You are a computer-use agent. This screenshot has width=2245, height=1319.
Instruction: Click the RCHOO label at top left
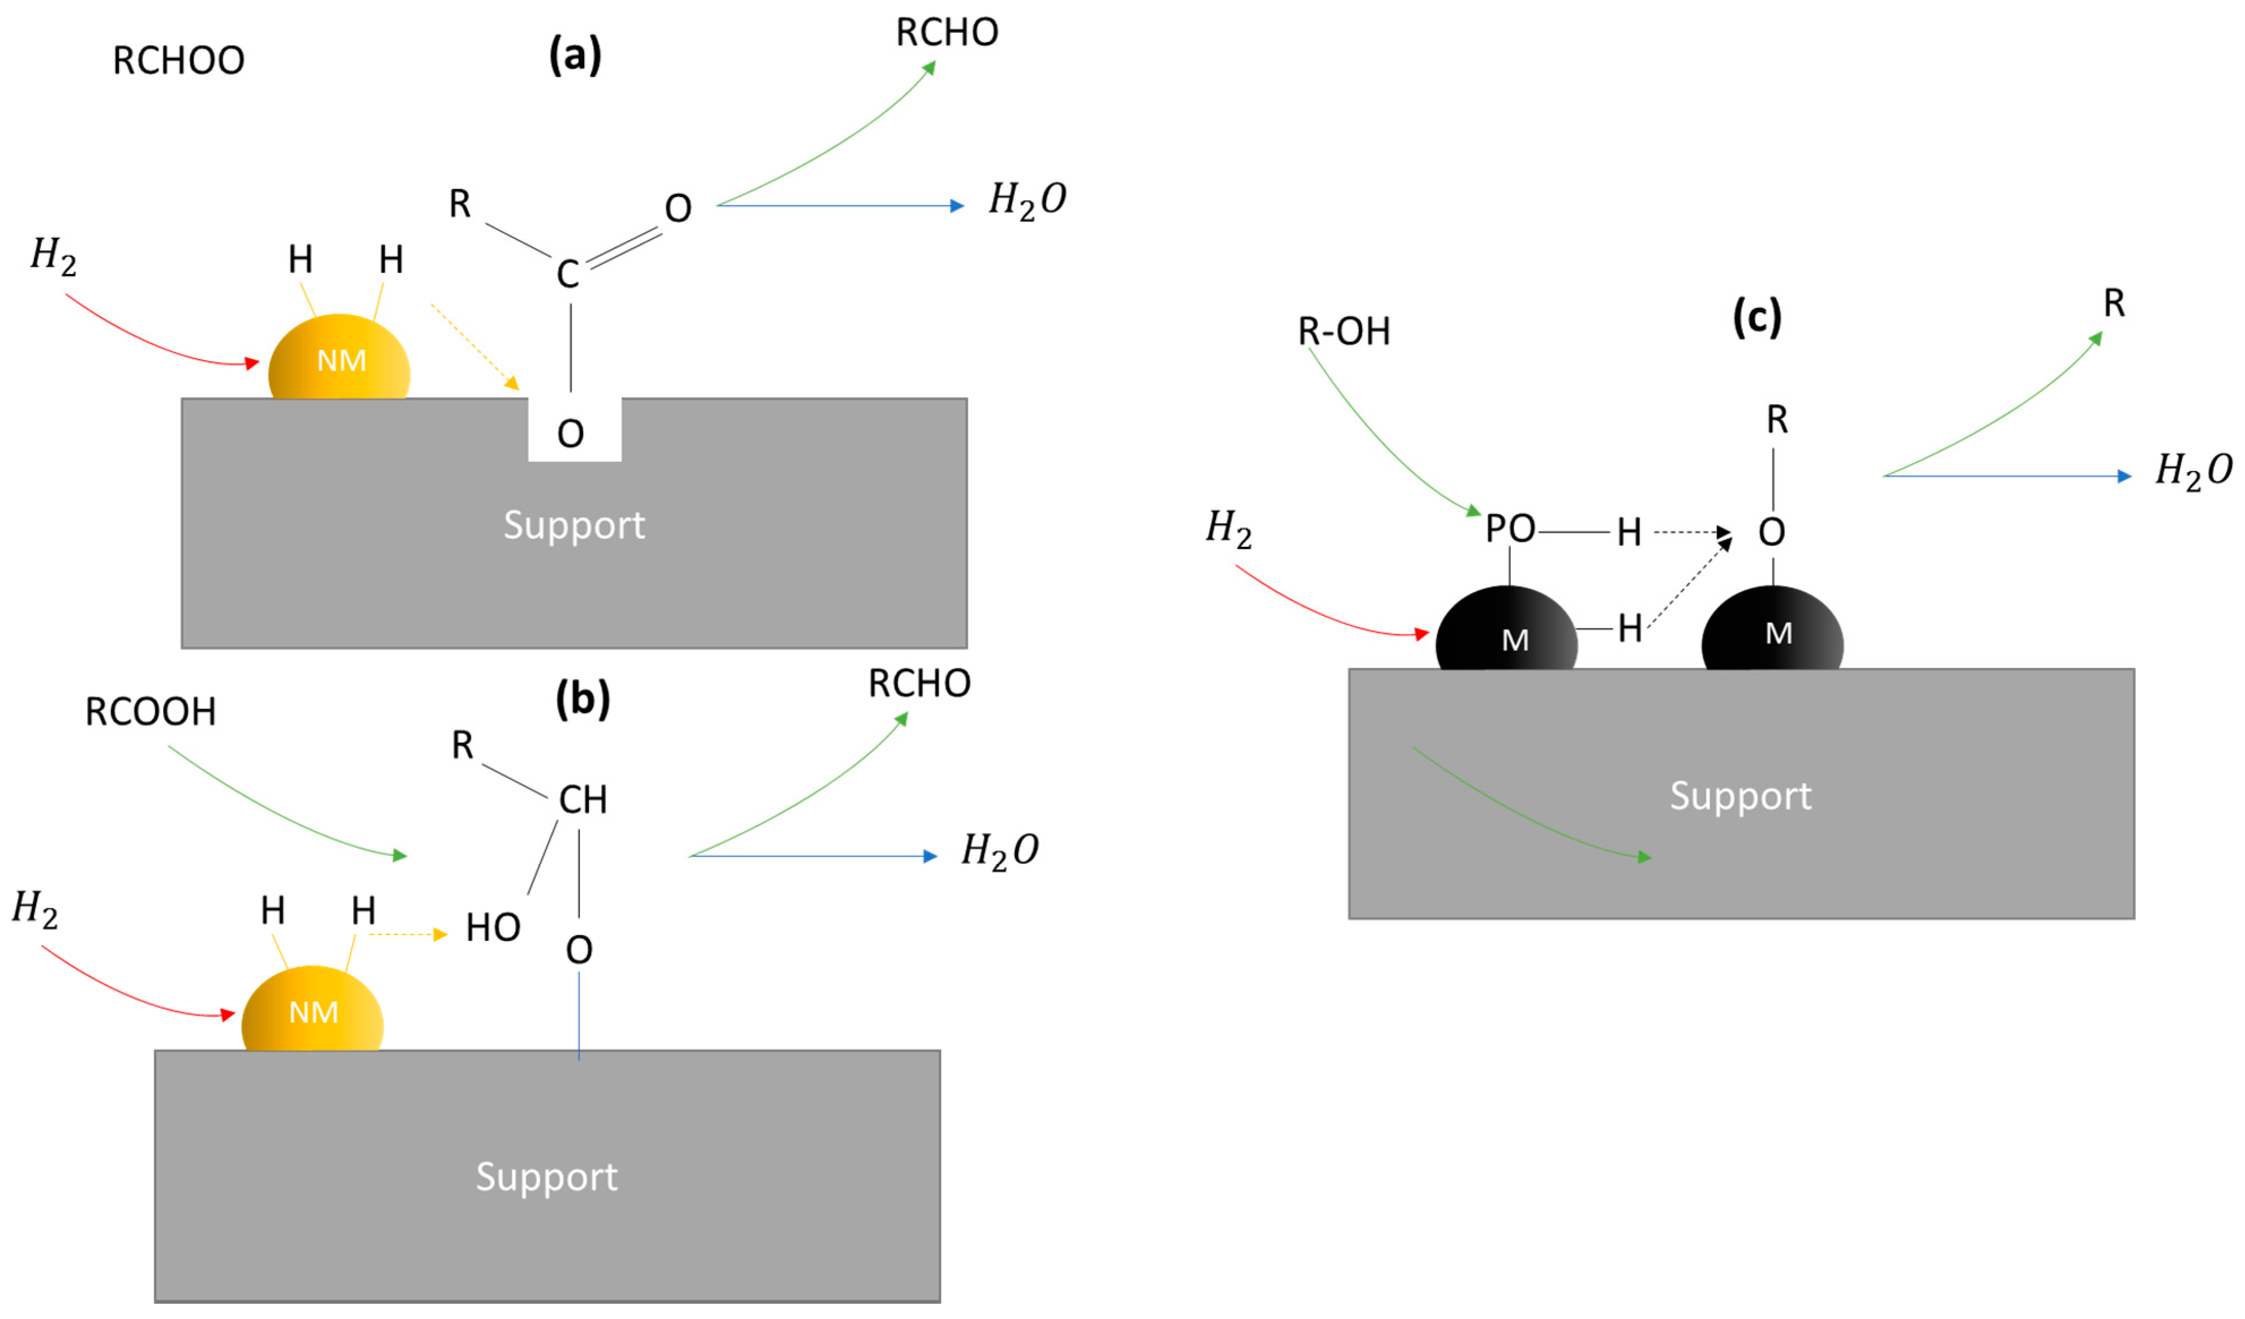click(x=178, y=61)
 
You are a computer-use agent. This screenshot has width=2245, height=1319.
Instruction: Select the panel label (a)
click(x=575, y=55)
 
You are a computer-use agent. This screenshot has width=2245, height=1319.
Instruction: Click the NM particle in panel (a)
click(x=340, y=359)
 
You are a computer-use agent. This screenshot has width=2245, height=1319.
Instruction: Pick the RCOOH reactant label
click(x=151, y=711)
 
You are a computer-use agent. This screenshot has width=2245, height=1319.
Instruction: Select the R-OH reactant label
click(x=1343, y=332)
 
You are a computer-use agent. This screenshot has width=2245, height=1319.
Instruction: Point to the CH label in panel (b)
click(x=582, y=799)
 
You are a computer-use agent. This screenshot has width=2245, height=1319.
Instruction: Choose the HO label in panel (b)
click(x=492, y=928)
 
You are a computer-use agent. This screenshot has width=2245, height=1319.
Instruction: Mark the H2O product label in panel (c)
click(x=2192, y=470)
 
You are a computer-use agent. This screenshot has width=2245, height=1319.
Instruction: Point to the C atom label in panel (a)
click(x=568, y=273)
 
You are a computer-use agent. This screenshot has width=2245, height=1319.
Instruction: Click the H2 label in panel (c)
click(x=1228, y=529)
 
